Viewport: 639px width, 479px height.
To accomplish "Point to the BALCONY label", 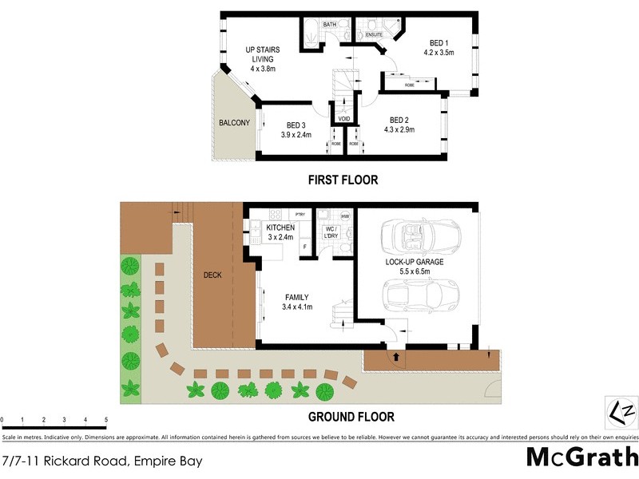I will [235, 123].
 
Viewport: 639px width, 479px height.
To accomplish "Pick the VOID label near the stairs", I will [344, 119].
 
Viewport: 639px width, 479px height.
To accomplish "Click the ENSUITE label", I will [374, 35].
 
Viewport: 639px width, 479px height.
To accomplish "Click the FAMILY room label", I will [297, 300].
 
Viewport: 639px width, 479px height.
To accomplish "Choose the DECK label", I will [212, 275].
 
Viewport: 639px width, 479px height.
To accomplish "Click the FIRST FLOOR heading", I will [343, 180].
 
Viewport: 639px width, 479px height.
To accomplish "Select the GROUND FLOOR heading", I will [351, 417].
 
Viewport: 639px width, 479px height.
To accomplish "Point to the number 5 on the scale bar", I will [106, 419].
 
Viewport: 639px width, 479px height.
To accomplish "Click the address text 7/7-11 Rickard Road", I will [101, 461].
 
